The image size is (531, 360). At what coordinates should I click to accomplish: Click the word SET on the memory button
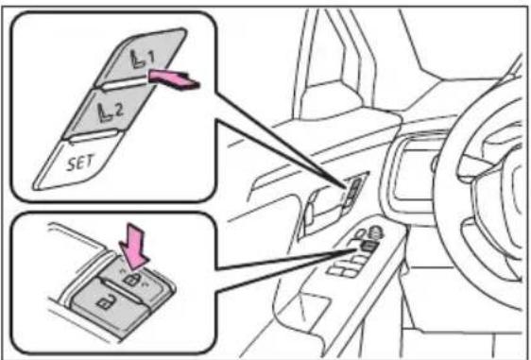tap(80, 163)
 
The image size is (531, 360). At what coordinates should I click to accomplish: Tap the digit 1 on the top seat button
tap(150, 58)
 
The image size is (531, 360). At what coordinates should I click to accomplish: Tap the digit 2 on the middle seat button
tap(119, 111)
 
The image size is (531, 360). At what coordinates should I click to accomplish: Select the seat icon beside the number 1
tap(138, 59)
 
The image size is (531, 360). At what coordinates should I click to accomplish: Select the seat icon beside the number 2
tap(106, 112)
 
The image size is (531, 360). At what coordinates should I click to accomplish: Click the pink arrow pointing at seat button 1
tap(173, 79)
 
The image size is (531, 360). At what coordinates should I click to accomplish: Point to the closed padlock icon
tap(132, 280)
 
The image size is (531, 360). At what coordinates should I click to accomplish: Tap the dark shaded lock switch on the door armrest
tap(368, 247)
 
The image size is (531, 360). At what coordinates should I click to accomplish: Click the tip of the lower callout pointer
tap(357, 249)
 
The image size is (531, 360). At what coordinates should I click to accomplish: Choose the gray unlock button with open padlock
tap(109, 304)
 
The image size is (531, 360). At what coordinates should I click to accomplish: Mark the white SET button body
tap(77, 162)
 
